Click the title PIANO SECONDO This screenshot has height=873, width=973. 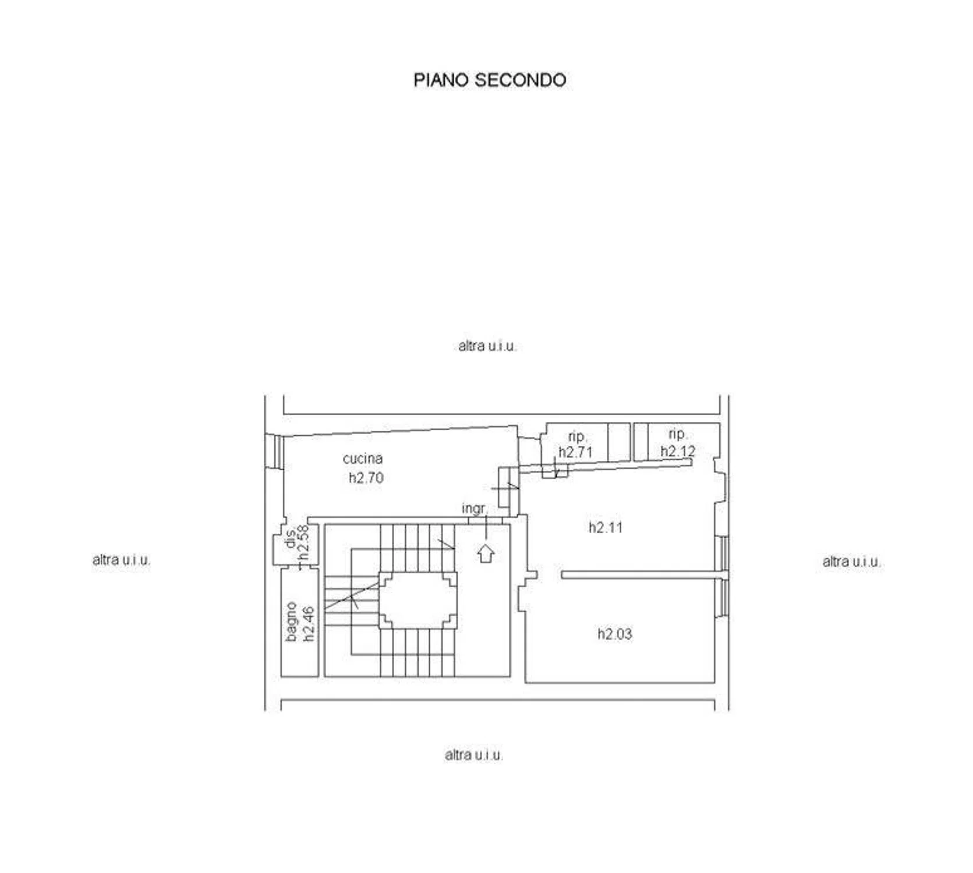pyautogui.click(x=490, y=80)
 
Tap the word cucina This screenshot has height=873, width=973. pyautogui.click(x=362, y=459)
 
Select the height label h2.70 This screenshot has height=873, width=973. pyautogui.click(x=366, y=478)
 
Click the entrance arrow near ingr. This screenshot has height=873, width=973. pyautogui.click(x=486, y=553)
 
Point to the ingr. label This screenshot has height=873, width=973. pyautogui.click(x=475, y=509)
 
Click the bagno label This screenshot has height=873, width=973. pyautogui.click(x=292, y=622)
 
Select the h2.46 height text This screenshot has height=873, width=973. pyautogui.click(x=309, y=623)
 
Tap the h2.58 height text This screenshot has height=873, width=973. pyautogui.click(x=303, y=542)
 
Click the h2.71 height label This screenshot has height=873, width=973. pyautogui.click(x=575, y=452)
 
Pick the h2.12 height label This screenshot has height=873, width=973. pyautogui.click(x=678, y=451)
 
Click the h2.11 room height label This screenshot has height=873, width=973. pyautogui.click(x=606, y=527)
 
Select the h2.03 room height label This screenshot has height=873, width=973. pyautogui.click(x=614, y=634)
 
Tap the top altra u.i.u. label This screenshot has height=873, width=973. pyautogui.click(x=487, y=346)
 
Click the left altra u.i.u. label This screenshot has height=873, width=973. pyautogui.click(x=121, y=560)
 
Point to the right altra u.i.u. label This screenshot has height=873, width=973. pyautogui.click(x=851, y=562)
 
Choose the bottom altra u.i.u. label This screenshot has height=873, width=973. pyautogui.click(x=473, y=755)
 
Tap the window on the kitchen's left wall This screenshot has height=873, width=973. pyautogui.click(x=274, y=451)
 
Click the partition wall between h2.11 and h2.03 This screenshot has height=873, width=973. pyautogui.click(x=644, y=575)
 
